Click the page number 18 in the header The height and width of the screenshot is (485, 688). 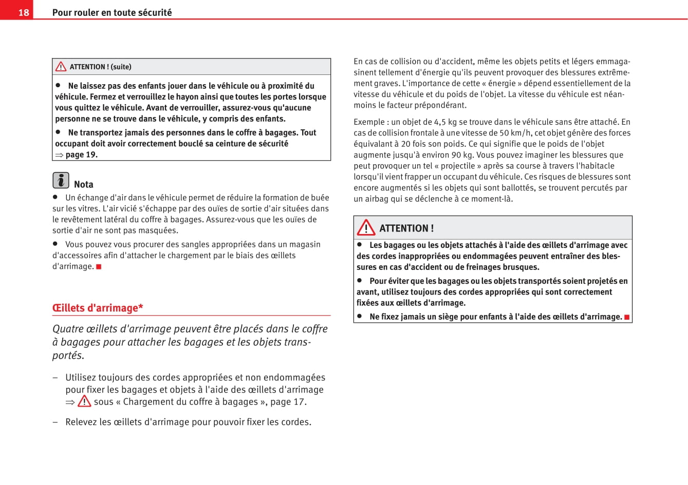[x=24, y=12]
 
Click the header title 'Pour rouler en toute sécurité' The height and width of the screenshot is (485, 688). [x=112, y=12]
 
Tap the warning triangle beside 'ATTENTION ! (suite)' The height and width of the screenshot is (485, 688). [x=61, y=67]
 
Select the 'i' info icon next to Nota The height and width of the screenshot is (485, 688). [x=61, y=180]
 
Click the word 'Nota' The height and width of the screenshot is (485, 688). [x=84, y=185]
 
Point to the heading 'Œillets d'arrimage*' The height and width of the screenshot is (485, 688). [x=98, y=308]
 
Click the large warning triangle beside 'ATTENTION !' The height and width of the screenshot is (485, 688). [x=366, y=227]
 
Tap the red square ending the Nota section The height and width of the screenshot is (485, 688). [x=99, y=266]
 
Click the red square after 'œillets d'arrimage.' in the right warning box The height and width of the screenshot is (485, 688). [x=627, y=317]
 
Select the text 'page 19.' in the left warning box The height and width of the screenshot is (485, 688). [x=81, y=155]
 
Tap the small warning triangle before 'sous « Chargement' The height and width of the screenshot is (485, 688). [x=84, y=401]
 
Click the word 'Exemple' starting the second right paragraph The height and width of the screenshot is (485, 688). [x=369, y=122]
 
